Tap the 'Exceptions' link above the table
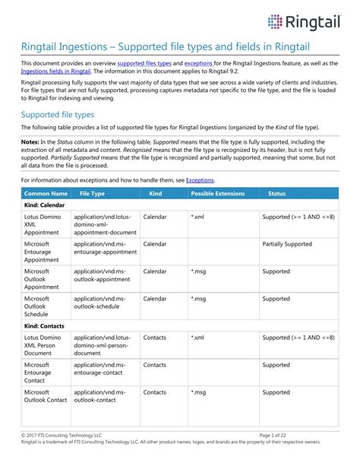point(200,180)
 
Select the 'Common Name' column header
point(45,195)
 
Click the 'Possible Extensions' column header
point(217,195)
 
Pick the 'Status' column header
point(277,195)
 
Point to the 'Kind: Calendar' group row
point(47,206)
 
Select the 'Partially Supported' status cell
point(287,244)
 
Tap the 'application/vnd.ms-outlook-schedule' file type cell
point(103,303)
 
